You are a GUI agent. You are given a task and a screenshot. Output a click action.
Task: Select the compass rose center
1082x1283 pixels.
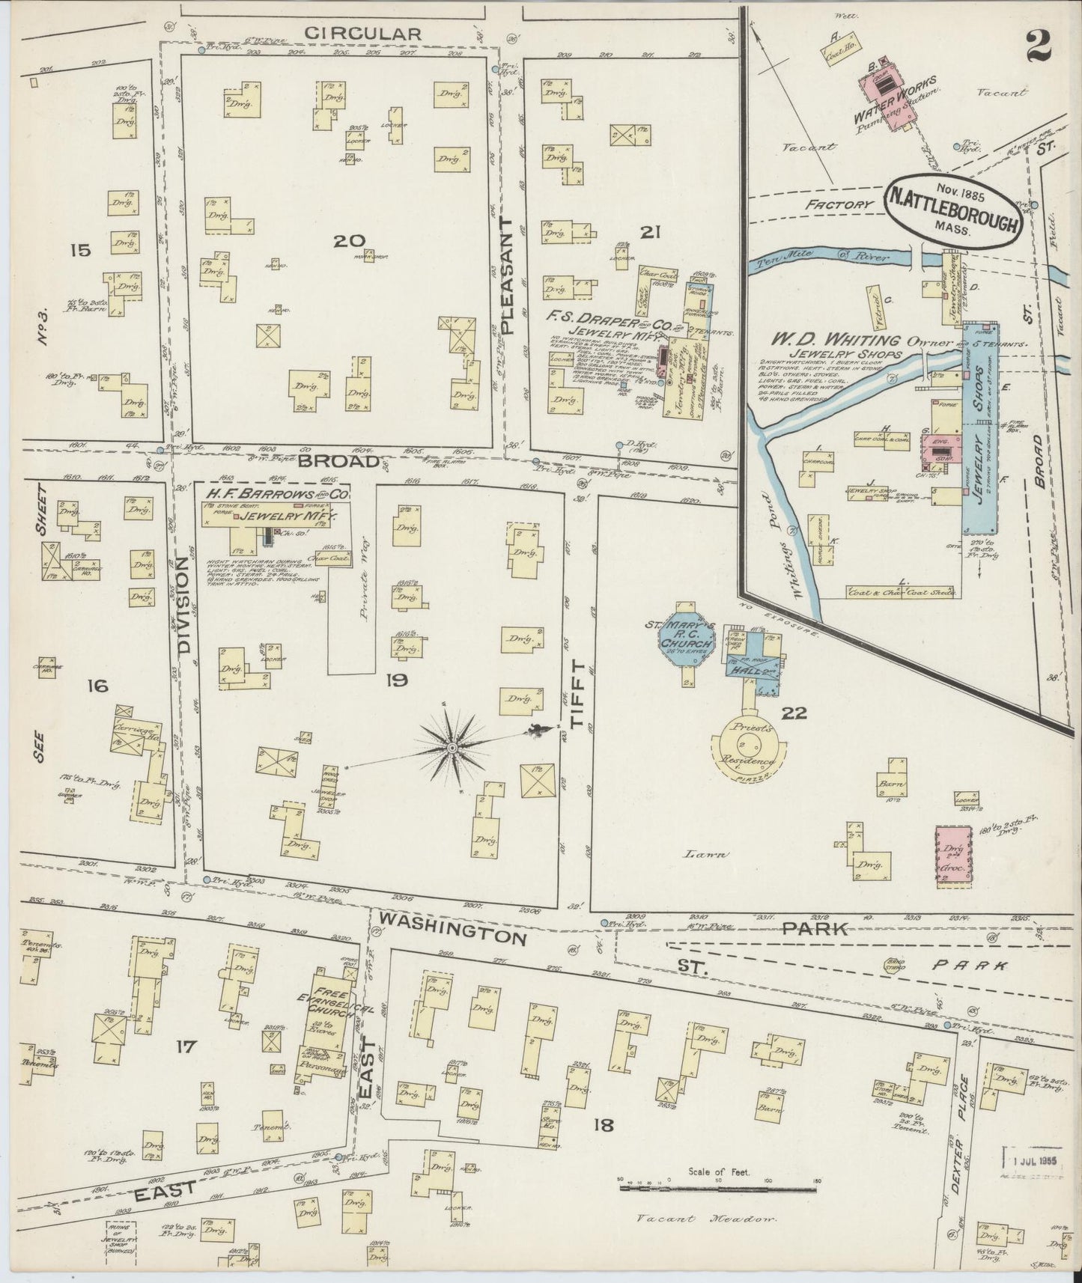(453, 747)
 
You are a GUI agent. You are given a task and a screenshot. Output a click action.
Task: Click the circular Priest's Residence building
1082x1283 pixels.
(751, 750)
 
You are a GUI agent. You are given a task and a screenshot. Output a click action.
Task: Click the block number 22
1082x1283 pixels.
(794, 713)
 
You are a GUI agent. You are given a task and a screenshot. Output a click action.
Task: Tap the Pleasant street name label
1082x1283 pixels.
(509, 275)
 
